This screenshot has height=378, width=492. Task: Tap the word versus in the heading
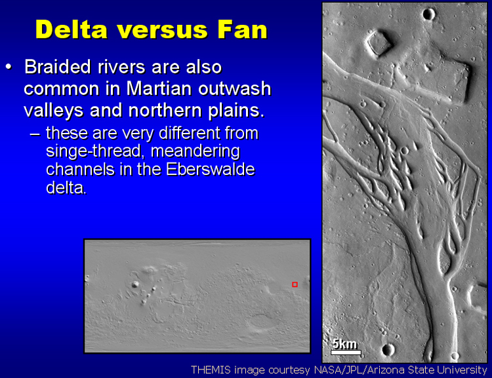tap(163, 30)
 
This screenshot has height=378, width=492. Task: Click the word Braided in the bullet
tap(58, 66)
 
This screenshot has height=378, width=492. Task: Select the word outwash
tap(235, 88)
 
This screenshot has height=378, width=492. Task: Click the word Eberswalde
tap(210, 169)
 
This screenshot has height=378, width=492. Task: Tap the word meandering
tap(195, 152)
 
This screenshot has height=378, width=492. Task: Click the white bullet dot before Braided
tap(9, 67)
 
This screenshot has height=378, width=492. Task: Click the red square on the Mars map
tap(295, 284)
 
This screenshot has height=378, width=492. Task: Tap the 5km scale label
tap(344, 344)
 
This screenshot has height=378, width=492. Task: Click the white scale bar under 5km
tap(346, 352)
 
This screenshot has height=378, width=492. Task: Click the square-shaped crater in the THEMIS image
tap(379, 43)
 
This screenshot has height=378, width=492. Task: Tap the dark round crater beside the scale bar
tap(388, 349)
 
